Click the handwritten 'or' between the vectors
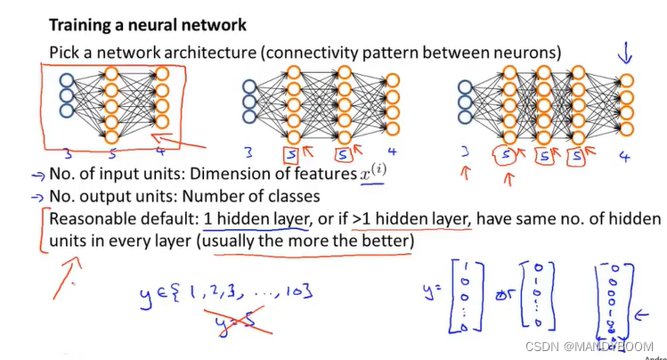502,292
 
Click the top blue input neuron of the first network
67,81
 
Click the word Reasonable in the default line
91,218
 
